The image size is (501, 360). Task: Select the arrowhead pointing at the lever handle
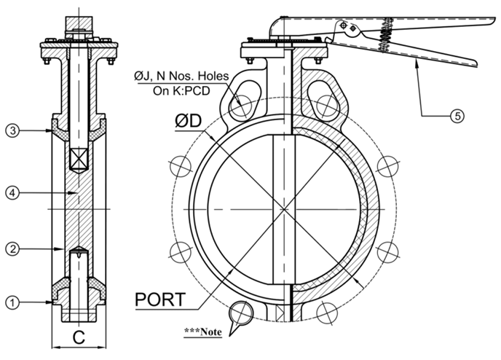coord(417,65)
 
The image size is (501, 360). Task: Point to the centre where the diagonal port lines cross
coord(283,209)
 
